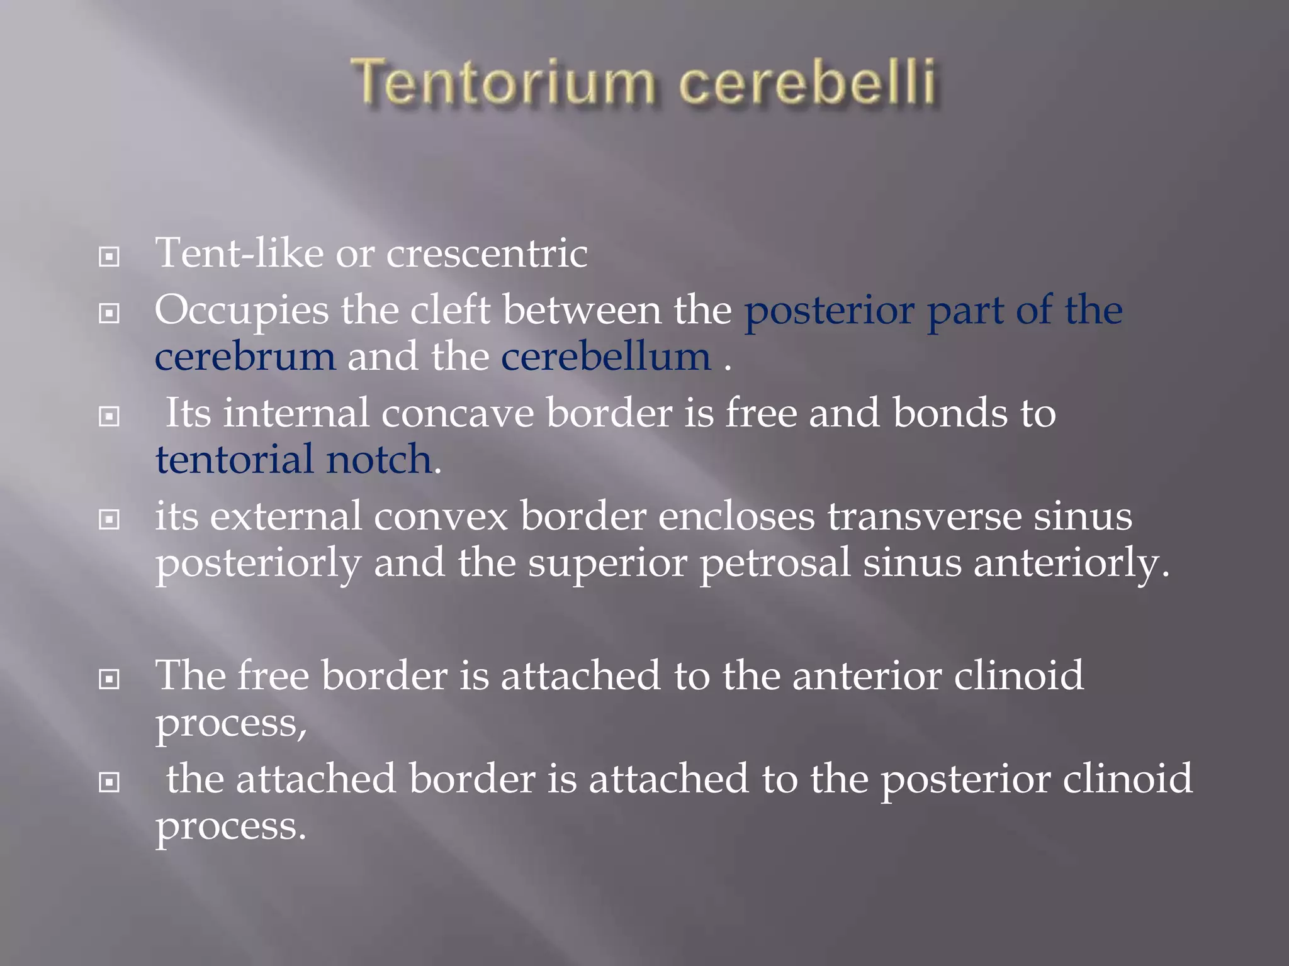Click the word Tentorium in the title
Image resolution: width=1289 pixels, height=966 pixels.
(504, 83)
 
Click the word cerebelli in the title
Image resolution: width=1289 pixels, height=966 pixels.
(808, 83)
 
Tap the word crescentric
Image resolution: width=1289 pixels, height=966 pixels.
(487, 253)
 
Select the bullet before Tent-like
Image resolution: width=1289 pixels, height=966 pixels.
(110, 257)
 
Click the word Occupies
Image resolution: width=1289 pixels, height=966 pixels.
(242, 311)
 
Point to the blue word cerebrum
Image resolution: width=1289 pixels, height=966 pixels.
(245, 357)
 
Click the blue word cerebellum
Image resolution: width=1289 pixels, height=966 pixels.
(605, 357)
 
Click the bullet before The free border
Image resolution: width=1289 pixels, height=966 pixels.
(110, 679)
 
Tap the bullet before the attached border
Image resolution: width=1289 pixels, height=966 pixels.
(110, 782)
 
